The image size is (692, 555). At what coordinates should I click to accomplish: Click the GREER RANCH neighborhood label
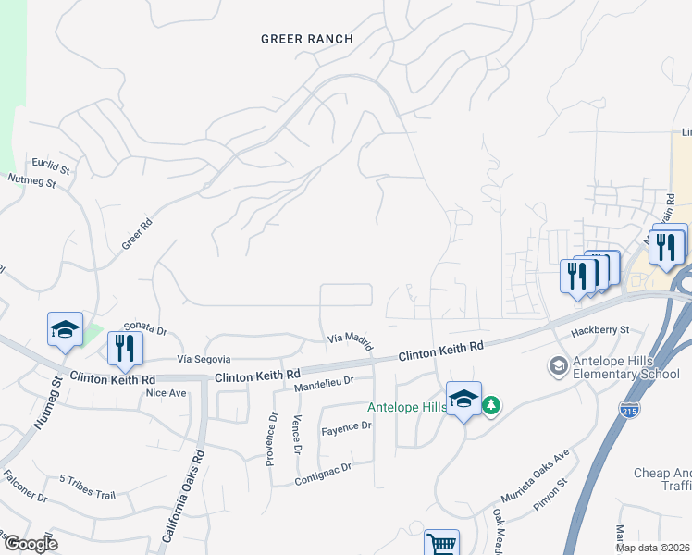[307, 39]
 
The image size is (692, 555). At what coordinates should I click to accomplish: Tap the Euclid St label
[51, 166]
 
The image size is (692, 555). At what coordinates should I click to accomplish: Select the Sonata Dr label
[144, 329]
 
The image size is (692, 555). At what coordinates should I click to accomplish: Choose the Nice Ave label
[166, 392]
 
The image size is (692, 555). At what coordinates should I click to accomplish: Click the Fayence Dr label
[346, 427]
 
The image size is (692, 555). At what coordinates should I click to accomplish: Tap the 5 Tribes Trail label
[88, 486]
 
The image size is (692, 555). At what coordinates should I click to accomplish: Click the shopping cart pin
[442, 544]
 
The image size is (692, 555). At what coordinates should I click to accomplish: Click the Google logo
[31, 544]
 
